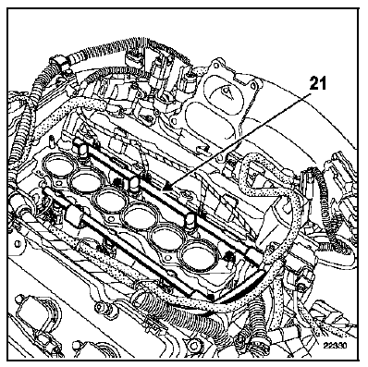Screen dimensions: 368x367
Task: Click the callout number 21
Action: (x=316, y=83)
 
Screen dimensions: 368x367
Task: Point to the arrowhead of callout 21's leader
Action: (x=166, y=186)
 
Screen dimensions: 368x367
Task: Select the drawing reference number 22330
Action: (x=336, y=346)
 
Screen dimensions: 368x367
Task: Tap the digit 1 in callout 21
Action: (x=321, y=83)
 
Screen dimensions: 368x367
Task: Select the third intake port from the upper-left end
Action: (x=108, y=200)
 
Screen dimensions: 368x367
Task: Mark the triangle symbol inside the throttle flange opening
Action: (x=227, y=92)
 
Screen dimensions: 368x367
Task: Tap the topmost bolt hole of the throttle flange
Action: (x=219, y=64)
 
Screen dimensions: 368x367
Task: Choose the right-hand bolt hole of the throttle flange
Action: (x=253, y=83)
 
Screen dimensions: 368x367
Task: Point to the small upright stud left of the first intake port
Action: (x=51, y=143)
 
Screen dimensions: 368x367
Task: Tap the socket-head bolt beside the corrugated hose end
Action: (x=99, y=307)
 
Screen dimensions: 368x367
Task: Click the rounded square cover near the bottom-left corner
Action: (x=33, y=311)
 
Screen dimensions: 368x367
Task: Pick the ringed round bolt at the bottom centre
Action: (x=193, y=343)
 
